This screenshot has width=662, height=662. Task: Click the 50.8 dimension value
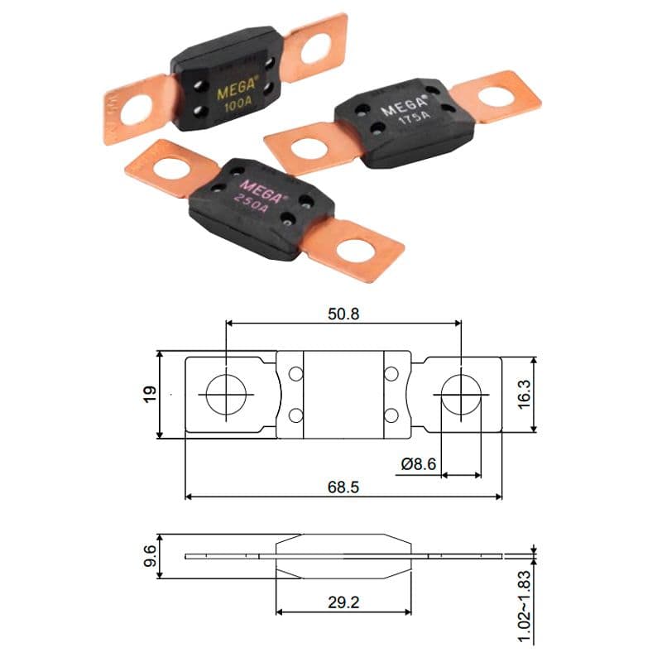[x=344, y=314]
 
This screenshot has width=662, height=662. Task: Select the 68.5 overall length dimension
[x=343, y=487]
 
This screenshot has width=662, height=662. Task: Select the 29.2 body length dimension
[x=343, y=602]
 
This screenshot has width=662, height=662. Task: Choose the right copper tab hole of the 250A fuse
[x=357, y=247]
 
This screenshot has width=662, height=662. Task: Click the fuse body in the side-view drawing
[x=343, y=555]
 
